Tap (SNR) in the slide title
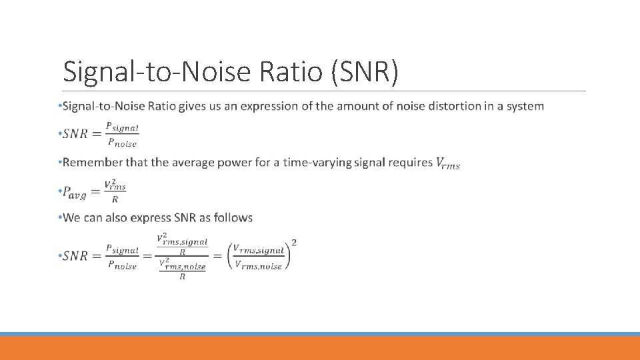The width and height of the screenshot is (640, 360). point(365,72)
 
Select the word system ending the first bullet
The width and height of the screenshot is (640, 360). point(525,106)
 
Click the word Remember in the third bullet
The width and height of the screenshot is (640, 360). point(91,162)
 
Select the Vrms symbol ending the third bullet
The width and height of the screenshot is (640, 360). point(447,163)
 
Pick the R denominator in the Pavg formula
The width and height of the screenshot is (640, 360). point(115,199)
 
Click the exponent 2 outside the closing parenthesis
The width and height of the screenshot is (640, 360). point(294,242)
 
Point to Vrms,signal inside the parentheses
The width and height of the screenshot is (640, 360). point(259,251)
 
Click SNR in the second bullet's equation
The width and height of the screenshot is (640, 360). point(75,134)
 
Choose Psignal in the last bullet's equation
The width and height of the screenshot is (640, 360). point(121,251)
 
